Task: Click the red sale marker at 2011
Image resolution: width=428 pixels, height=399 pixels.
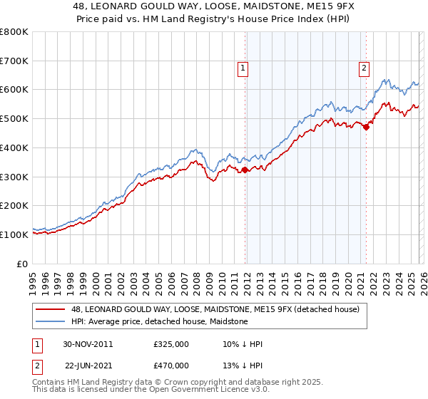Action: (245, 170)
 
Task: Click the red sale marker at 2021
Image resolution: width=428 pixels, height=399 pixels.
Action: (366, 128)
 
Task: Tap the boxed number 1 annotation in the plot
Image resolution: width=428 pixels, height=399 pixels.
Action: (243, 68)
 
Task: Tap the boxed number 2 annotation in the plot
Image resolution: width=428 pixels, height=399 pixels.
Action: (364, 68)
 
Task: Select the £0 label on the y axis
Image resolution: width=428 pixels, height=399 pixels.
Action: (23, 264)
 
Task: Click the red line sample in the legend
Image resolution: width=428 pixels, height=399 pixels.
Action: (51, 309)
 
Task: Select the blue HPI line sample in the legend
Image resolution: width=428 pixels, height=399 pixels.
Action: (51, 321)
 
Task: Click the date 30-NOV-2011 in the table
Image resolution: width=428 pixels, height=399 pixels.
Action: (88, 344)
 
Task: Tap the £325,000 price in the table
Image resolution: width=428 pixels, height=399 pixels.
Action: (170, 344)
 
